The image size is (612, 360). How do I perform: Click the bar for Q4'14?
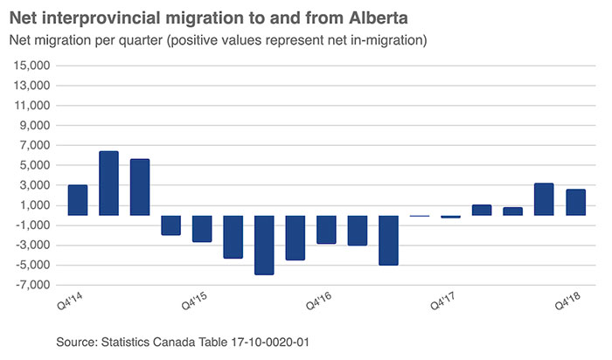click(x=77, y=200)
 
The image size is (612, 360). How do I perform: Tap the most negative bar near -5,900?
click(x=264, y=245)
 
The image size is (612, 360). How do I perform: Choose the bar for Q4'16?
click(x=326, y=229)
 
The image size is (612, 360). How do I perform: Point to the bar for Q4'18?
click(x=575, y=202)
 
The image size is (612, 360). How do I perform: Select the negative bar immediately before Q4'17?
click(x=388, y=239)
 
